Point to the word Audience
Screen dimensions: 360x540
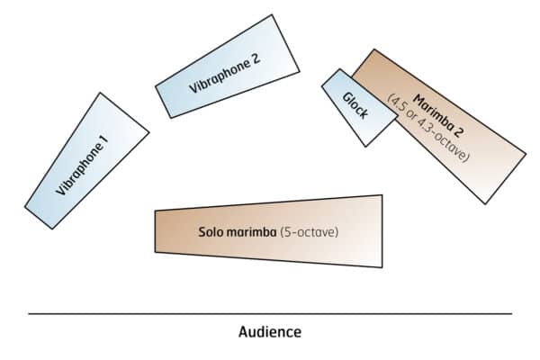point(270,331)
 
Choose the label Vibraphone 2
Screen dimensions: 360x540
point(224,76)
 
